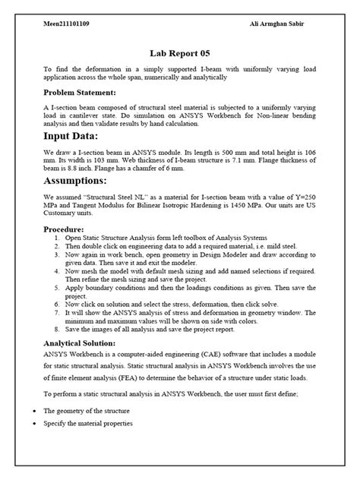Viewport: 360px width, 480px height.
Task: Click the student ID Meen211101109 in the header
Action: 68,24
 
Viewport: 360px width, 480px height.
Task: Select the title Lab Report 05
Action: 179,54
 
